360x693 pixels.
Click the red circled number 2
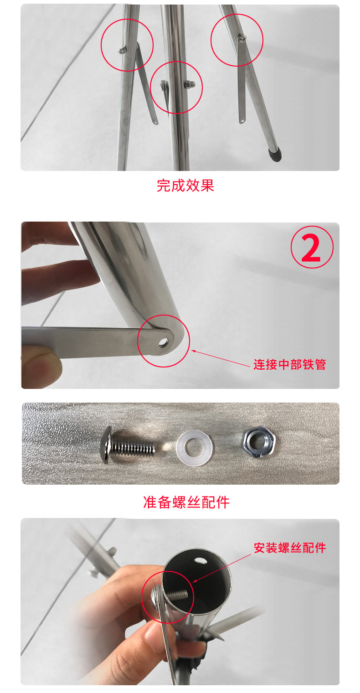click(312, 248)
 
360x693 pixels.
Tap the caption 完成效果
click(185, 186)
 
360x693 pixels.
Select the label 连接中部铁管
click(289, 365)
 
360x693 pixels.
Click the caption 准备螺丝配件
click(186, 502)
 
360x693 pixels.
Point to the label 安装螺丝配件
click(290, 548)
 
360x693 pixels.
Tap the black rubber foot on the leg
click(275, 155)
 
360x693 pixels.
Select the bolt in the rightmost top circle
click(242, 38)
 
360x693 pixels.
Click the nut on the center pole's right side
click(190, 84)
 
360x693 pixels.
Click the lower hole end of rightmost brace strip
click(242, 120)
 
